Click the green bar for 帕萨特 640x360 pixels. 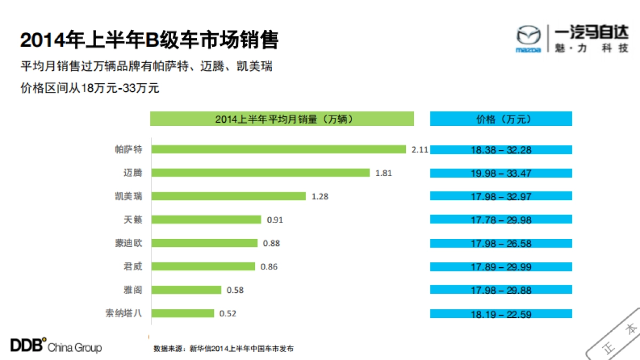click(279, 149)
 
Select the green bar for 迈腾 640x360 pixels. click(260, 173)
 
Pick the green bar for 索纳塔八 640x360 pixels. click(183, 314)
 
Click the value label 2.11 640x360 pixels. click(420, 150)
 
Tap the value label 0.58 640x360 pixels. click(235, 290)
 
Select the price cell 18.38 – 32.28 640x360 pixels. click(501, 150)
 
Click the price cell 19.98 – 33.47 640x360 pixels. click(501, 173)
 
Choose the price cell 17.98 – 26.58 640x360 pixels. click(501, 244)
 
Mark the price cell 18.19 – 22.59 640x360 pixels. click(501, 314)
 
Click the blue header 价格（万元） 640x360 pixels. click(501, 119)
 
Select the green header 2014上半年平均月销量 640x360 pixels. click(282, 119)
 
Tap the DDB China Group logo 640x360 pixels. click(55, 346)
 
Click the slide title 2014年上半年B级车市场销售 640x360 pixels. click(149, 41)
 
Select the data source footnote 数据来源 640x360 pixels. click(223, 349)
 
